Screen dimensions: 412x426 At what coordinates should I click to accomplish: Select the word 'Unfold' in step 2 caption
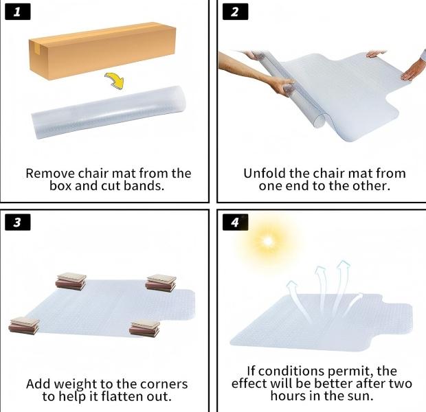coord(266,173)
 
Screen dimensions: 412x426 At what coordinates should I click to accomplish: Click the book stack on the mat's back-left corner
coord(71,281)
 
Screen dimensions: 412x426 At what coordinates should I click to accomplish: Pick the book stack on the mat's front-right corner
coord(145,328)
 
